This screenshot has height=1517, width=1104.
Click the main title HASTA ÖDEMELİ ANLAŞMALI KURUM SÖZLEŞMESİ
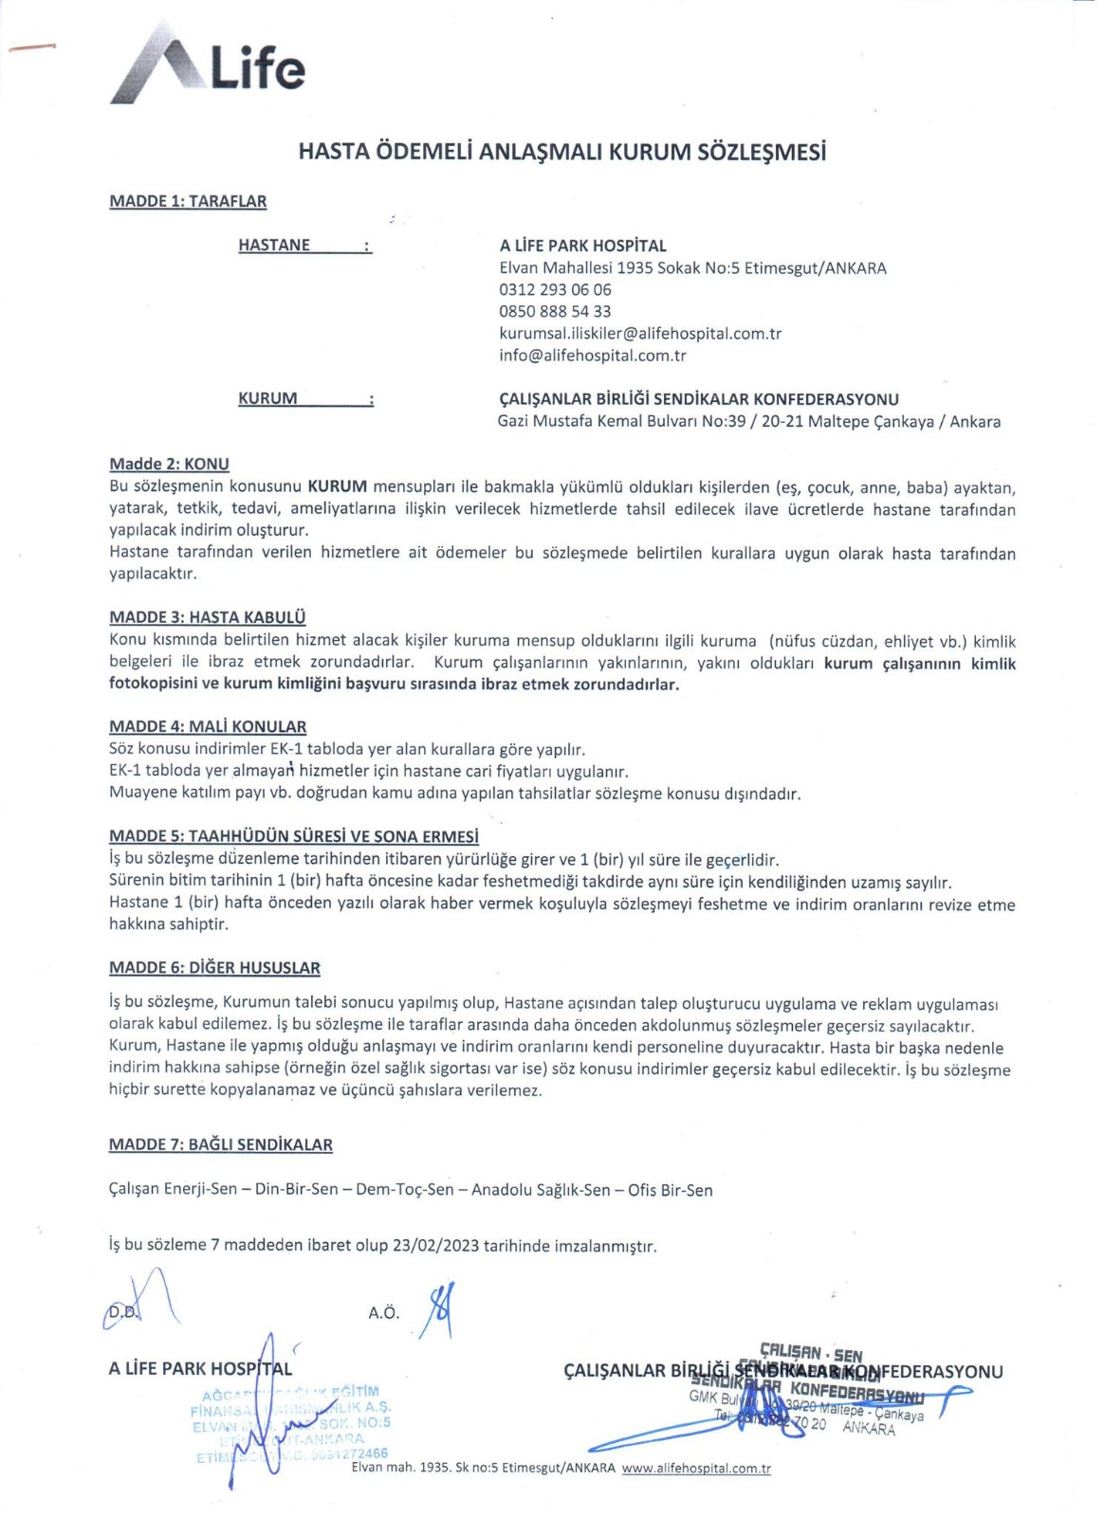(561, 152)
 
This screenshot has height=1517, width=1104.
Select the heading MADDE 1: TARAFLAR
(188, 201)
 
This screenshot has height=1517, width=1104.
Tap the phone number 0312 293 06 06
(555, 289)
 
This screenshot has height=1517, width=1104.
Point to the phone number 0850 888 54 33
(555, 311)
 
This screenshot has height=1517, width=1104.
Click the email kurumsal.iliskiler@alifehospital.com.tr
(640, 333)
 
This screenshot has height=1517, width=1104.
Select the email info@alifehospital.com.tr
(592, 356)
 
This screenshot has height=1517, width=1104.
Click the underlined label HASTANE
(274, 245)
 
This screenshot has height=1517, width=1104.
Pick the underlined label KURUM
(267, 398)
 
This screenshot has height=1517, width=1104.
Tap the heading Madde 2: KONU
(169, 464)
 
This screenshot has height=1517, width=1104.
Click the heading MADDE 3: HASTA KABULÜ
(207, 617)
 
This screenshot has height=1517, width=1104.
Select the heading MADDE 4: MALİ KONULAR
(208, 726)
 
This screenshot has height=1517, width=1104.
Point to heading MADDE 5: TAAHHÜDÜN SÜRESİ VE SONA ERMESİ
(293, 836)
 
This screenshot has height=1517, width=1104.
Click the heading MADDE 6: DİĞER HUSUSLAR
(214, 967)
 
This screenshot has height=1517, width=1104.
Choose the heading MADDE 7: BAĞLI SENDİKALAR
(220, 1144)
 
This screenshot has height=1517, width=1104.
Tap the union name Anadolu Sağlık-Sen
(541, 1189)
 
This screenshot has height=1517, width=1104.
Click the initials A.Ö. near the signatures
(383, 1313)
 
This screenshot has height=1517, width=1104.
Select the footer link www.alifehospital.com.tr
(696, 1468)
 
